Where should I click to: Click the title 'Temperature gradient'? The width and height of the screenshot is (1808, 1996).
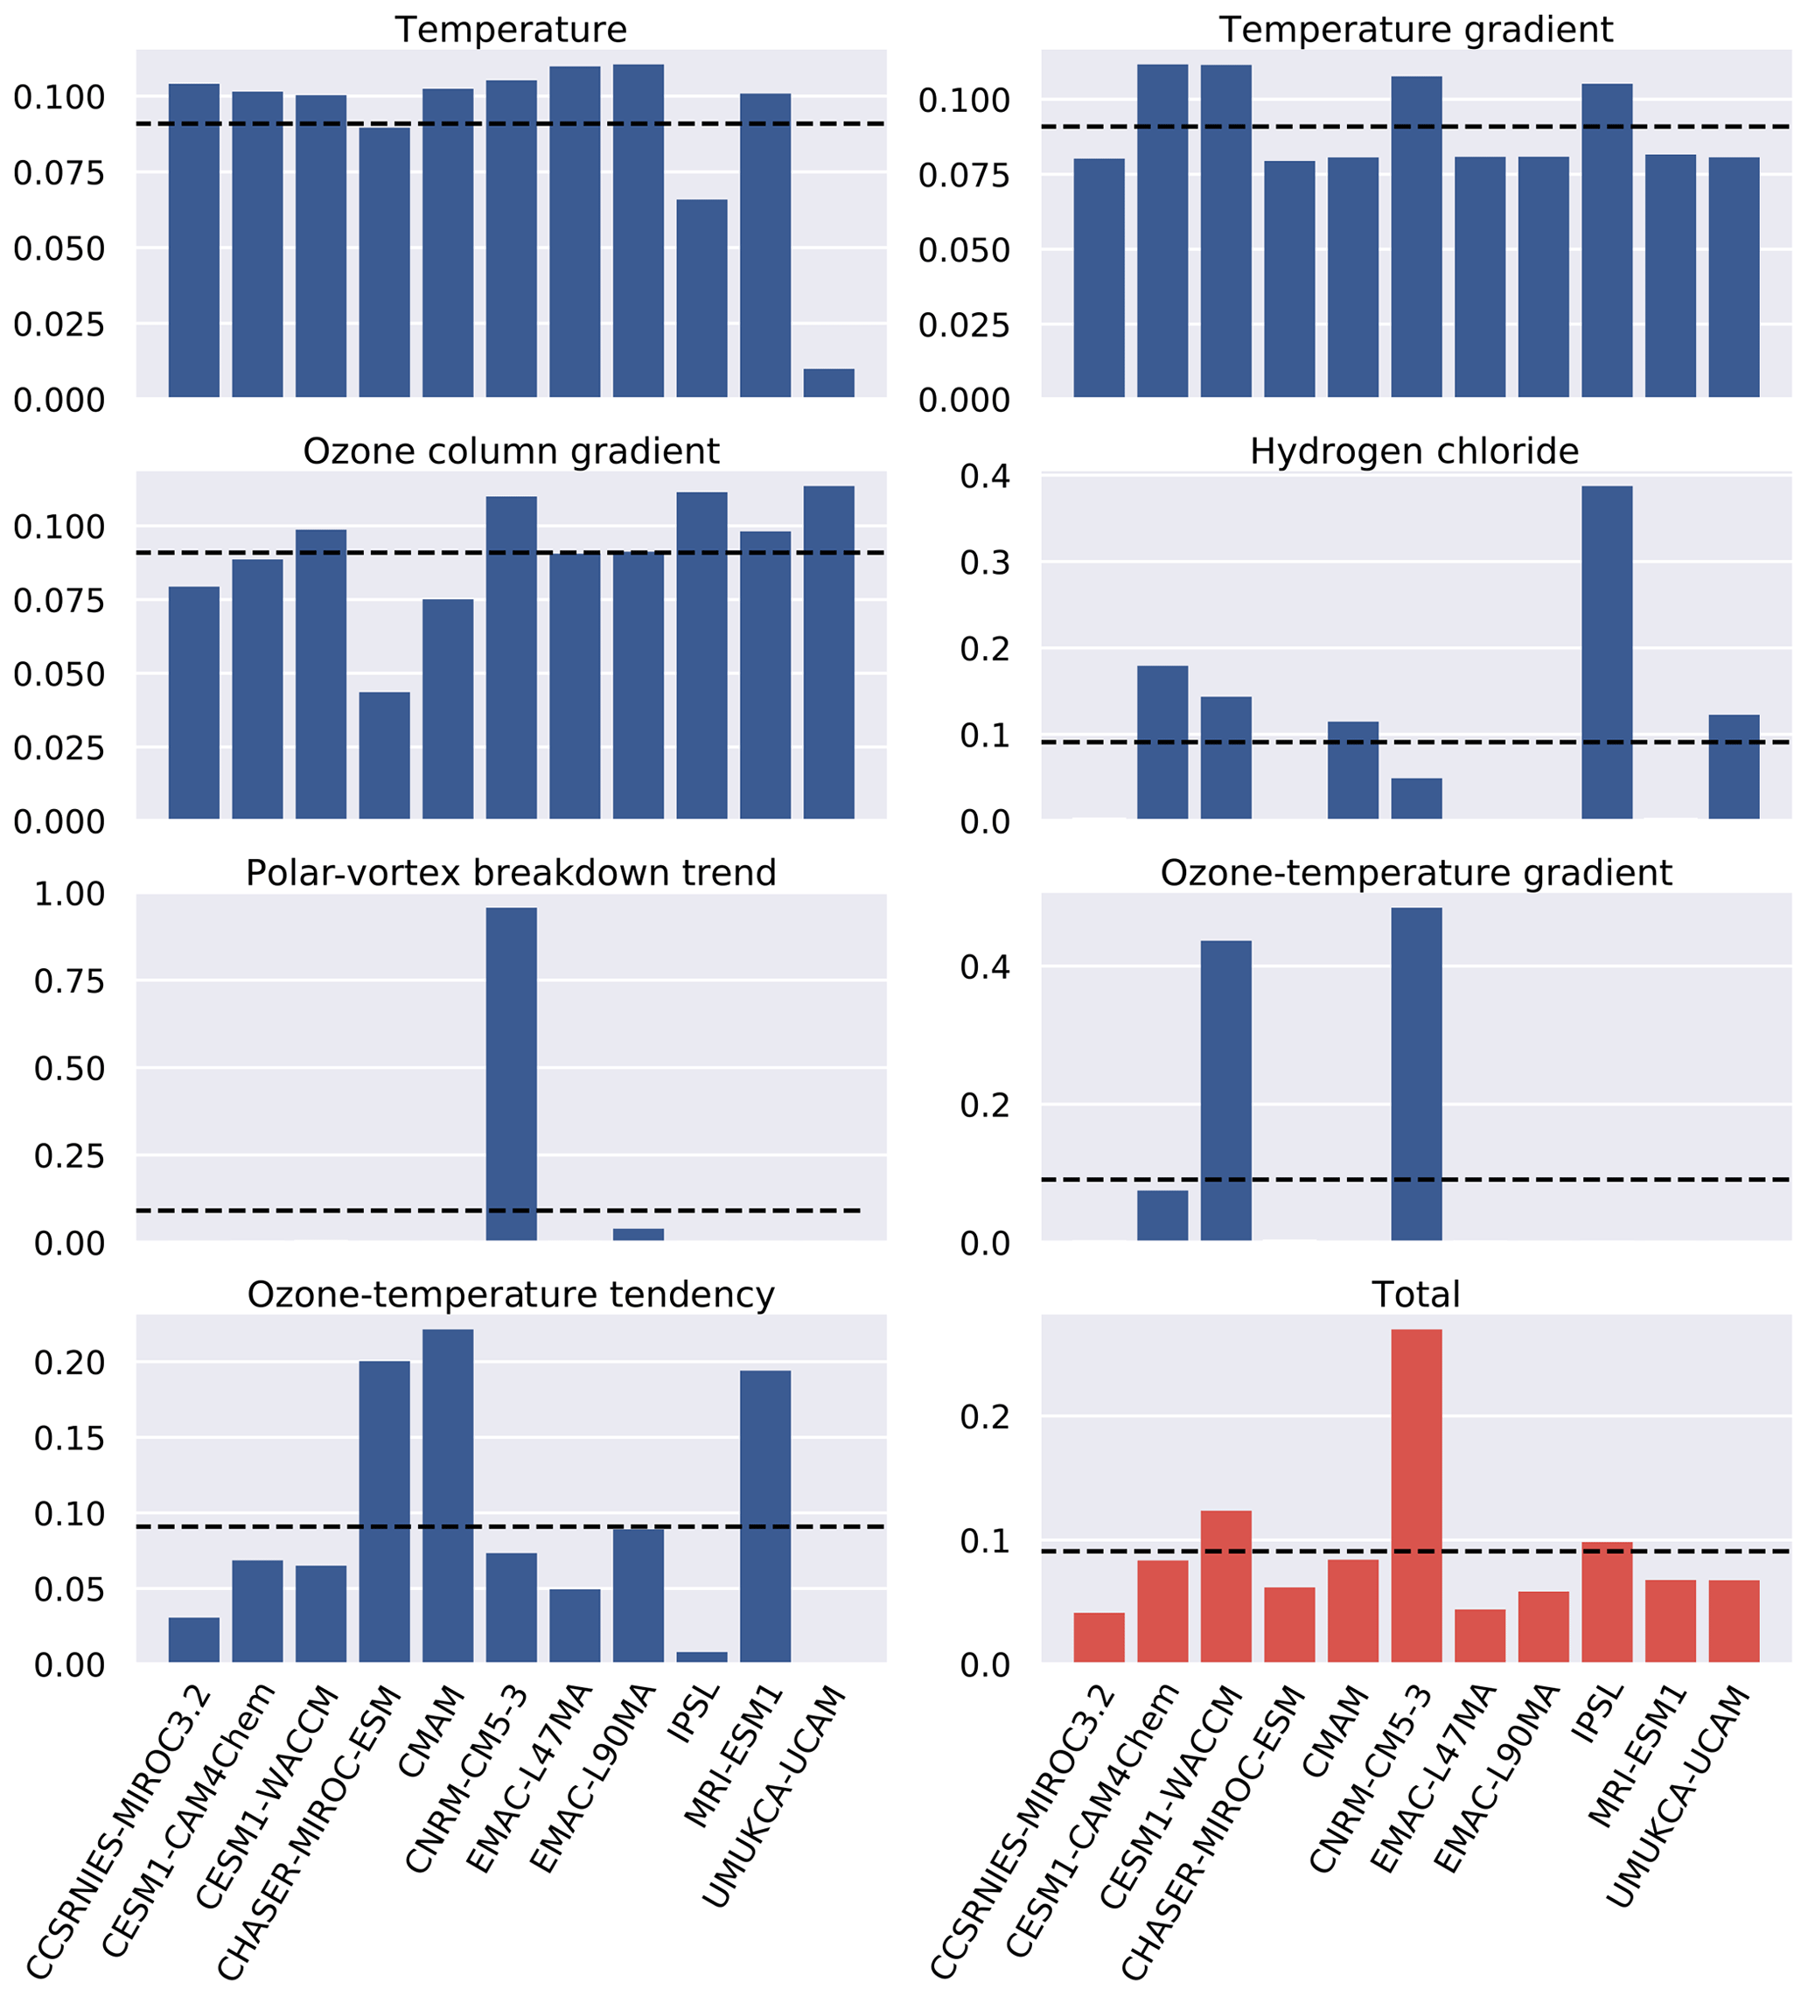1415,30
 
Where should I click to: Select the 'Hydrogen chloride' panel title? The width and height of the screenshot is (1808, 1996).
1414,451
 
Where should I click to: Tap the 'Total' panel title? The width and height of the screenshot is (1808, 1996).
1415,1295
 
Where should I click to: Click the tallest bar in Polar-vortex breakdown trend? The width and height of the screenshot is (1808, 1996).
511,1074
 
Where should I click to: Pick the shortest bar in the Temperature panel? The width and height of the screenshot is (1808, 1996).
828,383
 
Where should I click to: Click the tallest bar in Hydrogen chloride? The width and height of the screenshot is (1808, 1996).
1606,653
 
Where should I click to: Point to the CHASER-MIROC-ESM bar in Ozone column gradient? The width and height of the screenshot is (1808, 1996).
384,756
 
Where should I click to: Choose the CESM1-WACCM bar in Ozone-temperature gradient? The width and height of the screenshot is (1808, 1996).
1225,1090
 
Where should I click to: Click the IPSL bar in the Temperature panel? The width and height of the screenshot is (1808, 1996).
702,298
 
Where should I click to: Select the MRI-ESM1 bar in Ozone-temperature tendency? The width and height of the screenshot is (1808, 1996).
765,1516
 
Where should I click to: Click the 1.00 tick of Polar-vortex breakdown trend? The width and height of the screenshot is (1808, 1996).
69,894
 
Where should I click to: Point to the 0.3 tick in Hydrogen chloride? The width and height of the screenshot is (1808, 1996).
984,563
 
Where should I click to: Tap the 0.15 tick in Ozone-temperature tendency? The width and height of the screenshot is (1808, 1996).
69,1439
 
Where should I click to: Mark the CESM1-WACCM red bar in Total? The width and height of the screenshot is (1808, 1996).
1225,1585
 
